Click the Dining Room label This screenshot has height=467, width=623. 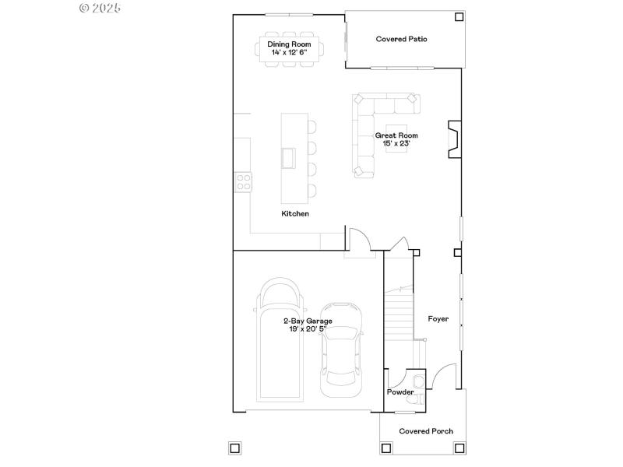click(289, 44)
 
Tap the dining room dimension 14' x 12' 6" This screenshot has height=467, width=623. click(289, 52)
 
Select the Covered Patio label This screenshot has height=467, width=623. click(401, 39)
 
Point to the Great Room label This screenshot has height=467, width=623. click(396, 135)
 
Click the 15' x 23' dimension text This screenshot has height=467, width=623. click(396, 143)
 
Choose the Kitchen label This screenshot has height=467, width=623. click(295, 213)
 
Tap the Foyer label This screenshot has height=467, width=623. click(438, 318)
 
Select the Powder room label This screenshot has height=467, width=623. click(400, 392)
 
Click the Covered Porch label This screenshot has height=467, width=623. click(426, 430)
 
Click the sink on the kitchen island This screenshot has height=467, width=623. click(289, 158)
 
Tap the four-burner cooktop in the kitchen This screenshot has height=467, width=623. click(243, 182)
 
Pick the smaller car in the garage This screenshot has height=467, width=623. click(341, 344)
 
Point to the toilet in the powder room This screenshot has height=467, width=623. click(418, 381)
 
